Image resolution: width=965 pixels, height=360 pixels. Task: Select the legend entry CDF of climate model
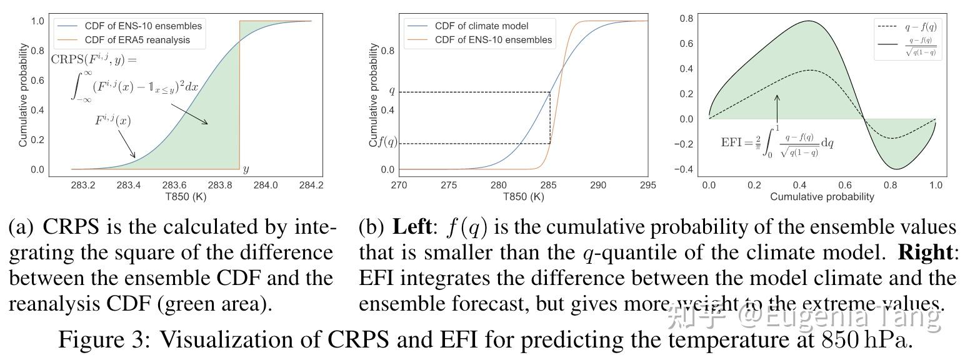point(481,26)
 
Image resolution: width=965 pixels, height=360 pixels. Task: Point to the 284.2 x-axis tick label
point(311,185)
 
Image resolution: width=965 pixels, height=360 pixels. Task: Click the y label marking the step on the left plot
point(246,169)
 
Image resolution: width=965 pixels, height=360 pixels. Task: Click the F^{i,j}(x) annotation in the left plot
point(113,120)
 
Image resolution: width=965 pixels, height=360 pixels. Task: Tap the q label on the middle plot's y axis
point(392,92)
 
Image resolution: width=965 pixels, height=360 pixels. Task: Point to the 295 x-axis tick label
point(647,185)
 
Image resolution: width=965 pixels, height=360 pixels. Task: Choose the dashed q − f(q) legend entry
point(907,27)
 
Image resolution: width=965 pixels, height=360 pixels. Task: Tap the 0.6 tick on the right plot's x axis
point(845,185)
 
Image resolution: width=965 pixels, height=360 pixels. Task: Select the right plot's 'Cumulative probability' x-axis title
point(822,196)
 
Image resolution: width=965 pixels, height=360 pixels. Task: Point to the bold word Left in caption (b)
point(412,227)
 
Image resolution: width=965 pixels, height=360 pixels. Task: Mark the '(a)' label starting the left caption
point(22,227)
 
